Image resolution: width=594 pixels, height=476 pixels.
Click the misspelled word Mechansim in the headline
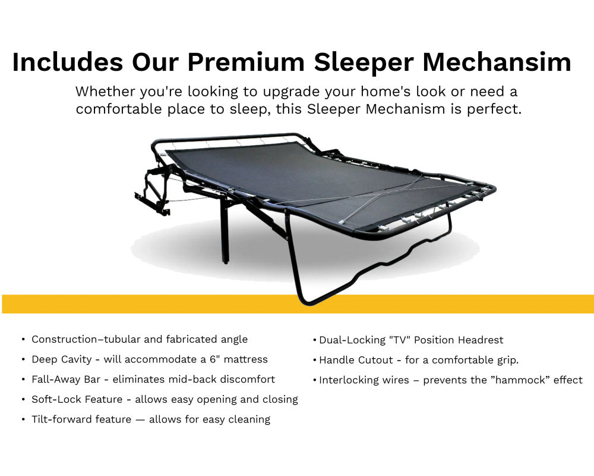pyautogui.click(x=497, y=62)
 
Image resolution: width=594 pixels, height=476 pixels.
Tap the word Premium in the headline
pyautogui.click(x=247, y=62)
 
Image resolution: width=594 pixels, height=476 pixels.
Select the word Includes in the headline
pyautogui.click(x=68, y=62)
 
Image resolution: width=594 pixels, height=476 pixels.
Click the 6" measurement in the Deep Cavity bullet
pyautogui.click(x=215, y=359)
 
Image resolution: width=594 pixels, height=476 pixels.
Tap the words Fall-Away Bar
pyautogui.click(x=66, y=379)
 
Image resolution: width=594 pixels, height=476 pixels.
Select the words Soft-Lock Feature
pyautogui.click(x=77, y=399)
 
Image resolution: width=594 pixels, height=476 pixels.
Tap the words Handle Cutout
pyautogui.click(x=356, y=360)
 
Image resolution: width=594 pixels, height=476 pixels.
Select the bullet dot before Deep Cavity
pyautogui.click(x=24, y=359)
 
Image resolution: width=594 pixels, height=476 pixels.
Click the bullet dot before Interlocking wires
pyautogui.click(x=315, y=380)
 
